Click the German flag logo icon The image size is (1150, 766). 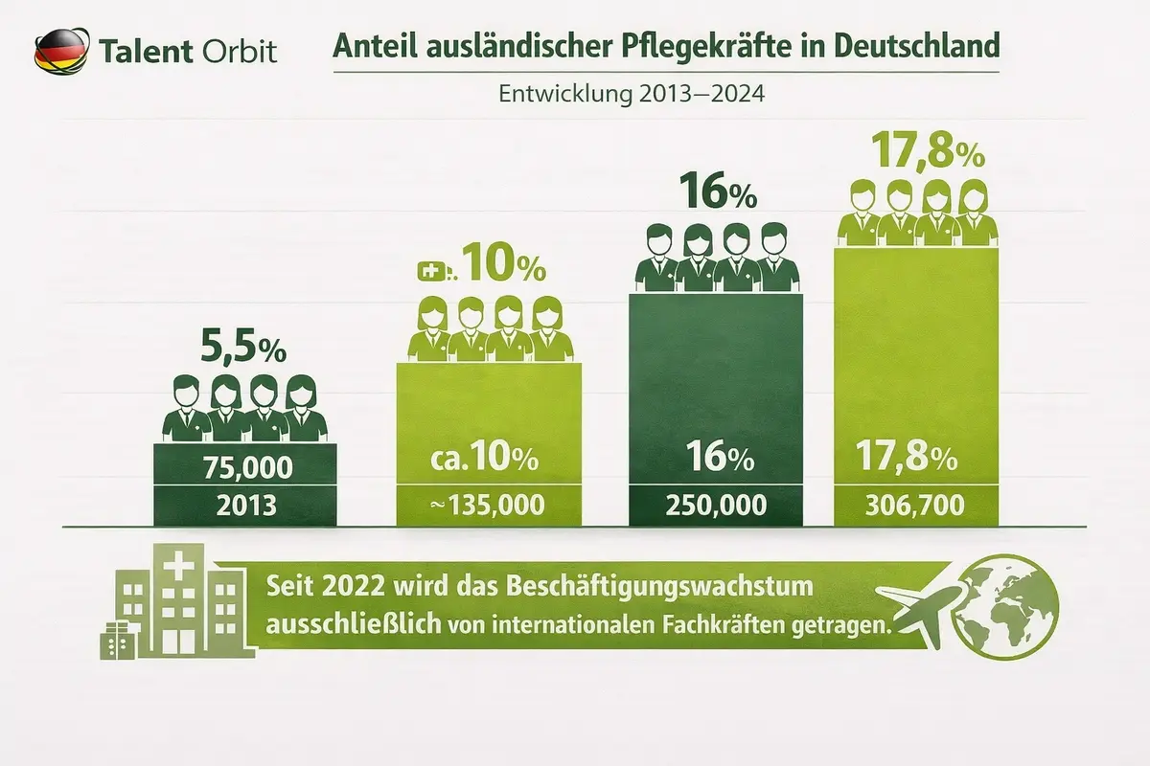click(59, 49)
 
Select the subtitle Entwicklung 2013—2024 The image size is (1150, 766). click(632, 95)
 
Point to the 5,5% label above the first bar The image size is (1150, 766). click(243, 347)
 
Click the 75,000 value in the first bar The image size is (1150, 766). click(244, 468)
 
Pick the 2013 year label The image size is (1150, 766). click(244, 506)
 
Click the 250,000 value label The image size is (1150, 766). click(714, 505)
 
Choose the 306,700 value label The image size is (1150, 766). click(916, 505)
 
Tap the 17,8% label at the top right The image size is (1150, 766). click(918, 151)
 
